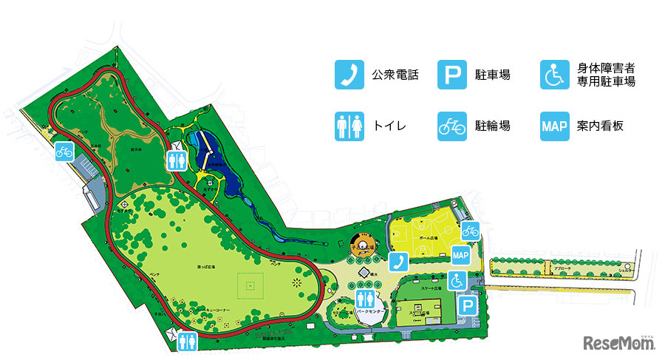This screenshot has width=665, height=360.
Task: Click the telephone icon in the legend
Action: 347,75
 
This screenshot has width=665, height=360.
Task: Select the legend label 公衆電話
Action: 395,75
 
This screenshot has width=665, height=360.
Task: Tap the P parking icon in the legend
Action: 450,75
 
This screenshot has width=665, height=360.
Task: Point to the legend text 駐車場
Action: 493,75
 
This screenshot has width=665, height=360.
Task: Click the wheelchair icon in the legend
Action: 553,75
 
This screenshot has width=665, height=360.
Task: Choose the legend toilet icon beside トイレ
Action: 347,126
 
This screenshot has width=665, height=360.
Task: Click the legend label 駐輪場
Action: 493,126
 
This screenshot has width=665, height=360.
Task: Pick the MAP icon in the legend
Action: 553,126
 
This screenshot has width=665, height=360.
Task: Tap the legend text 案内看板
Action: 600,126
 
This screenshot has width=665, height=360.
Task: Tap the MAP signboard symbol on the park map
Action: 461,255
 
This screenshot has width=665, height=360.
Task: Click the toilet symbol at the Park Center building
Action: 364,298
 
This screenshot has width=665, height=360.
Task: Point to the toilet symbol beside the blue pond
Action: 177,160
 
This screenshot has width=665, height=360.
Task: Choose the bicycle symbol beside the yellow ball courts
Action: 471,231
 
